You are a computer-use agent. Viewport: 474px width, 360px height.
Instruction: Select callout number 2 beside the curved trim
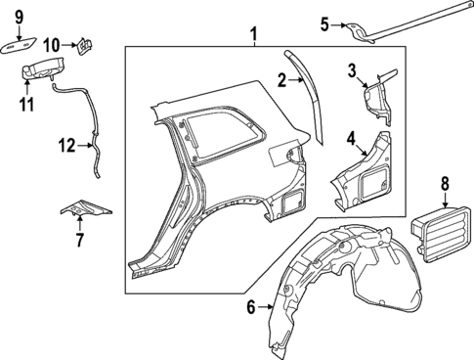tap(280, 79)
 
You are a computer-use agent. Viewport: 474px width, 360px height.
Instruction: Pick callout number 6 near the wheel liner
tap(250, 307)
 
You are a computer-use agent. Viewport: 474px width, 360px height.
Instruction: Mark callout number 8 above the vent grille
tap(444, 182)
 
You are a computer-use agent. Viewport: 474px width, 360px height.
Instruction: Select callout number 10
tap(52, 44)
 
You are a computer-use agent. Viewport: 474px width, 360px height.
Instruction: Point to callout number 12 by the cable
tap(65, 146)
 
